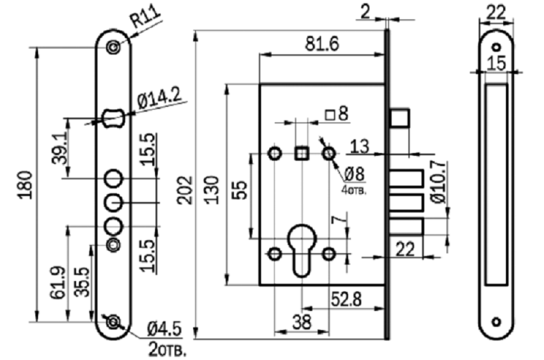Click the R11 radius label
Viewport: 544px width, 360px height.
145,16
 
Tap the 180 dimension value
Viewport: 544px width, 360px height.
26,184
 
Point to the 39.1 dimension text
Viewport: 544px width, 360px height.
59,150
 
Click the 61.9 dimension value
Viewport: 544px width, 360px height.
58,282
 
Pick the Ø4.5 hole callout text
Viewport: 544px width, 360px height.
165,329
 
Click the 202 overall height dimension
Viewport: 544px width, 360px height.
185,190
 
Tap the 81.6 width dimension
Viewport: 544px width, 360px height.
322,44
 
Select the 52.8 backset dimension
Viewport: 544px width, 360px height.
346,299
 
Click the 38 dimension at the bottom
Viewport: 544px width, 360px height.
302,322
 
